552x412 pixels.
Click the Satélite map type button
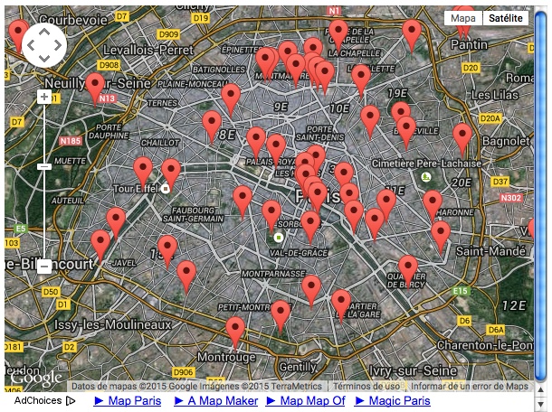pyautogui.click(x=505, y=18)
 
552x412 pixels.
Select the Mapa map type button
pyautogui.click(x=463, y=18)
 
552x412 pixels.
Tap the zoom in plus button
pyautogui.click(x=44, y=96)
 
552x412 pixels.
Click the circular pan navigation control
pyautogui.click(x=44, y=43)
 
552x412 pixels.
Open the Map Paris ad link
pyautogui.click(x=128, y=400)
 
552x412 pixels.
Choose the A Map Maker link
pyautogui.click(x=216, y=400)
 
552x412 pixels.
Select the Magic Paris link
pyautogui.click(x=392, y=400)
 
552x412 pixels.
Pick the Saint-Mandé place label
pyautogui.click(x=483, y=249)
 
